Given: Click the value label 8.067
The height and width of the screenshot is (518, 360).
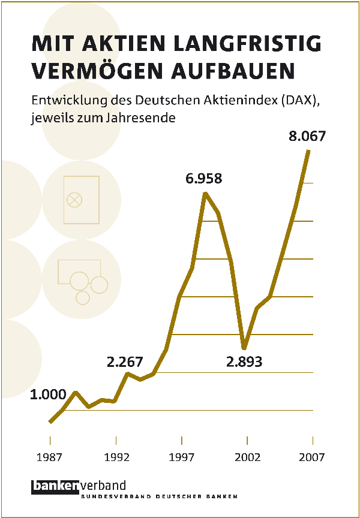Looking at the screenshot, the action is [x=307, y=136].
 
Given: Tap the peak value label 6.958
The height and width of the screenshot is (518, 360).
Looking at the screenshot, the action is [x=203, y=179].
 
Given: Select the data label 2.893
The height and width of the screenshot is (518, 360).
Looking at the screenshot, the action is [x=244, y=362].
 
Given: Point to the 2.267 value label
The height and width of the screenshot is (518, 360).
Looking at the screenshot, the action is [x=125, y=362].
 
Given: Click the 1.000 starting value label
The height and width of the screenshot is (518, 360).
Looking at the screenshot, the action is [x=48, y=394].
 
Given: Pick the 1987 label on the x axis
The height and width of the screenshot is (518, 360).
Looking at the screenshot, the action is [x=50, y=458].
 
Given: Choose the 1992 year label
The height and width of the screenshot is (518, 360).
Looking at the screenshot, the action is [x=116, y=458].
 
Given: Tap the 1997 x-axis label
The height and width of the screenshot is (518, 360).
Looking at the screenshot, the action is [x=182, y=458].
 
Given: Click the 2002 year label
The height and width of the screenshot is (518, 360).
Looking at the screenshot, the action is [x=248, y=458].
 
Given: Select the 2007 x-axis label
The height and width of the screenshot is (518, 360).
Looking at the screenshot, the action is [x=313, y=458].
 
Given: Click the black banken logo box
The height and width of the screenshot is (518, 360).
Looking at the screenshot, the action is [x=53, y=486].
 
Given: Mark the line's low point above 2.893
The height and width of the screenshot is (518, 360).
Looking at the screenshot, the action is [x=244, y=348].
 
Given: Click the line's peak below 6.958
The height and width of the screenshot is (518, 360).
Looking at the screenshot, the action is [x=206, y=194].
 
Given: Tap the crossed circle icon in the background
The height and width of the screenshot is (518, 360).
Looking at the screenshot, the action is [x=74, y=200].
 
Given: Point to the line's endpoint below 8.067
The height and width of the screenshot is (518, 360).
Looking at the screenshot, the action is [x=308, y=150].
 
